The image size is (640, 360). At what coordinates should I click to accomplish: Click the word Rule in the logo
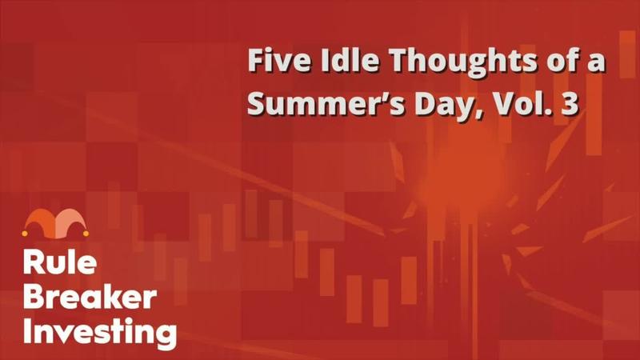click(59, 262)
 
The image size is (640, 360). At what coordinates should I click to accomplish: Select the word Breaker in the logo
click(90, 297)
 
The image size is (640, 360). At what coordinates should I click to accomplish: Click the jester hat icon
click(55, 224)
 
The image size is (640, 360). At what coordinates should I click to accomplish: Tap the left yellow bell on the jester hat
click(25, 234)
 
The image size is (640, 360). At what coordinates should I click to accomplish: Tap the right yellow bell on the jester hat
click(86, 233)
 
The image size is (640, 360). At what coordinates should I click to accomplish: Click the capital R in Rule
click(33, 262)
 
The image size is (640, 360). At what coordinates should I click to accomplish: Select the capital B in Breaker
click(34, 297)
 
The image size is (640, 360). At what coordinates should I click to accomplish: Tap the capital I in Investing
click(27, 330)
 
